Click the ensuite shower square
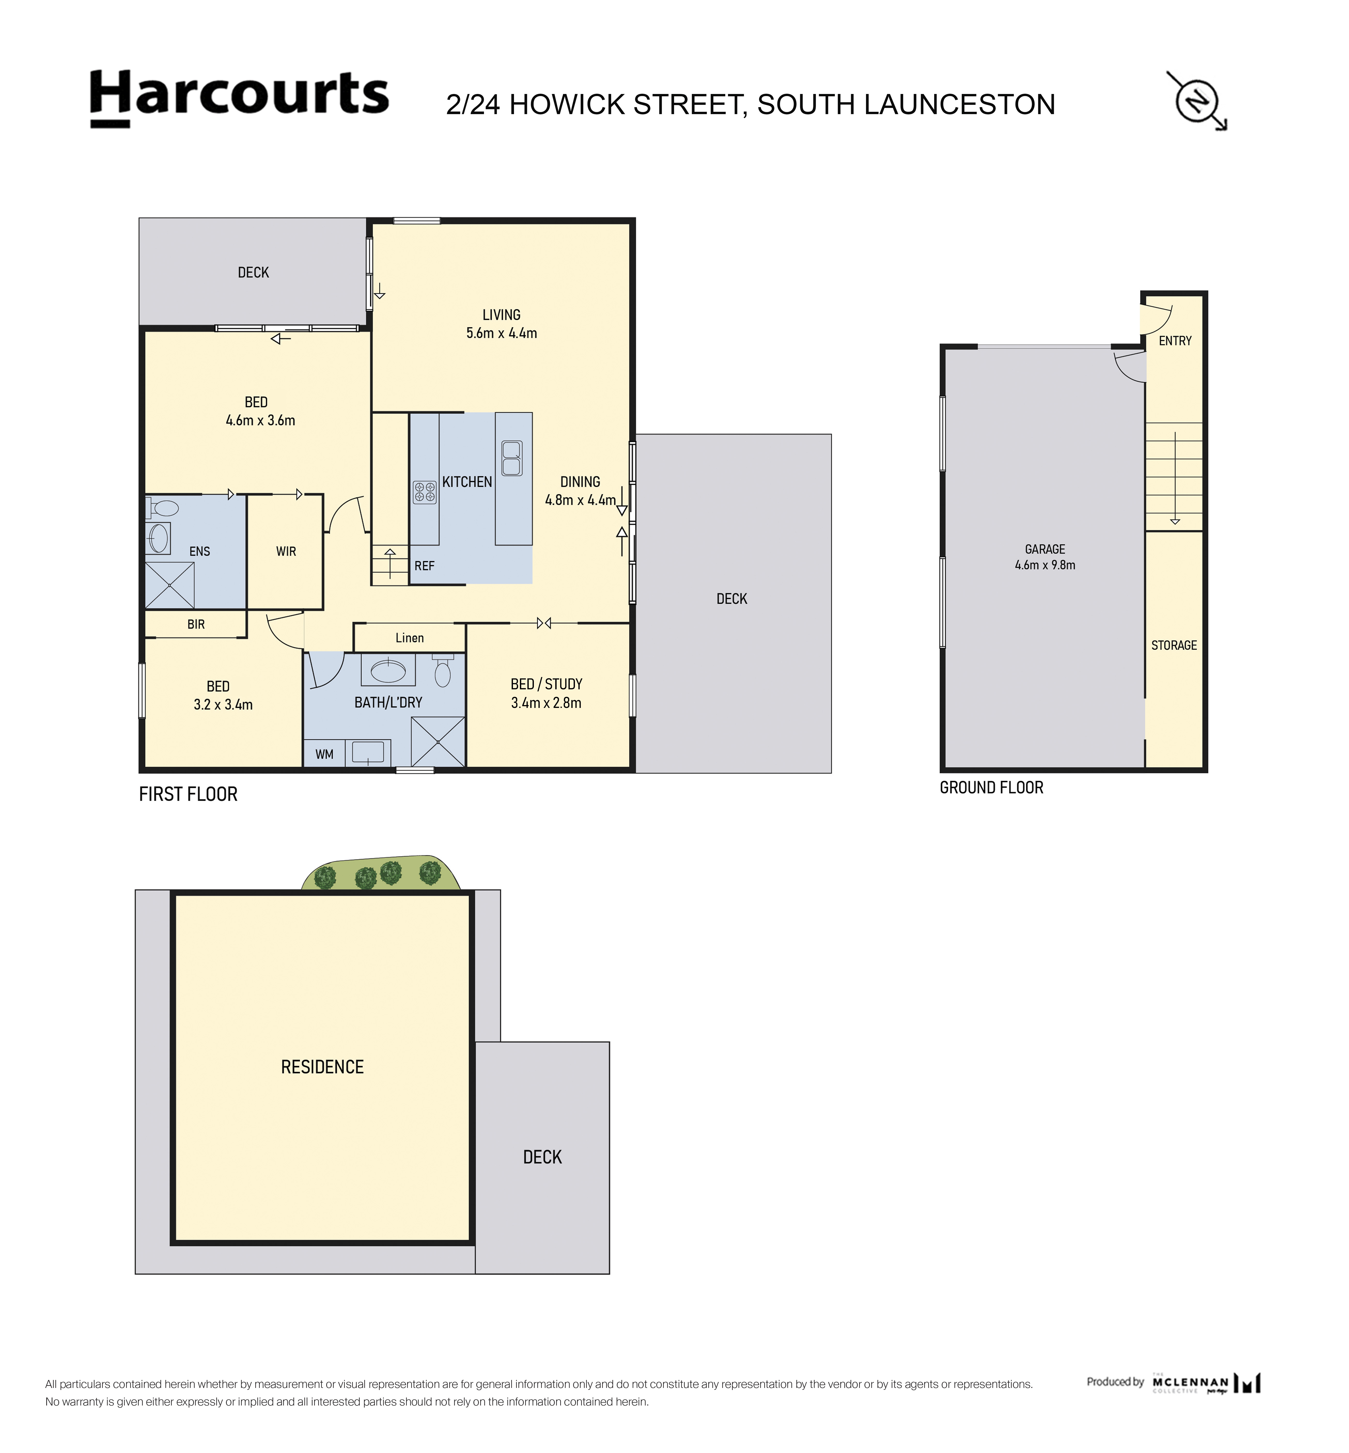click(169, 585)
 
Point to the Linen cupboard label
click(410, 638)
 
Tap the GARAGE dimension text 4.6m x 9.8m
click(1044, 565)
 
